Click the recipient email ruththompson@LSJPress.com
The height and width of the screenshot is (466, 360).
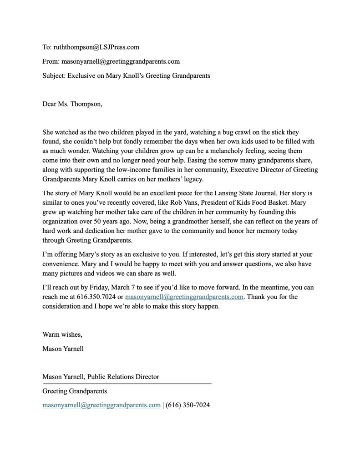tap(96, 47)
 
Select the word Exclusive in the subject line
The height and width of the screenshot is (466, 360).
tap(82, 76)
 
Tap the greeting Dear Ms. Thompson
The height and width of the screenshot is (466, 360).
tap(72, 104)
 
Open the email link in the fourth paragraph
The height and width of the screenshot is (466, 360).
tap(184, 297)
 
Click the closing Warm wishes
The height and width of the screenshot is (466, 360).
tap(62, 335)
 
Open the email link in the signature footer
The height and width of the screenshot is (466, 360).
tap(101, 405)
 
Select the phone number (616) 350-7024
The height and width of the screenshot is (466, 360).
tap(188, 405)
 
